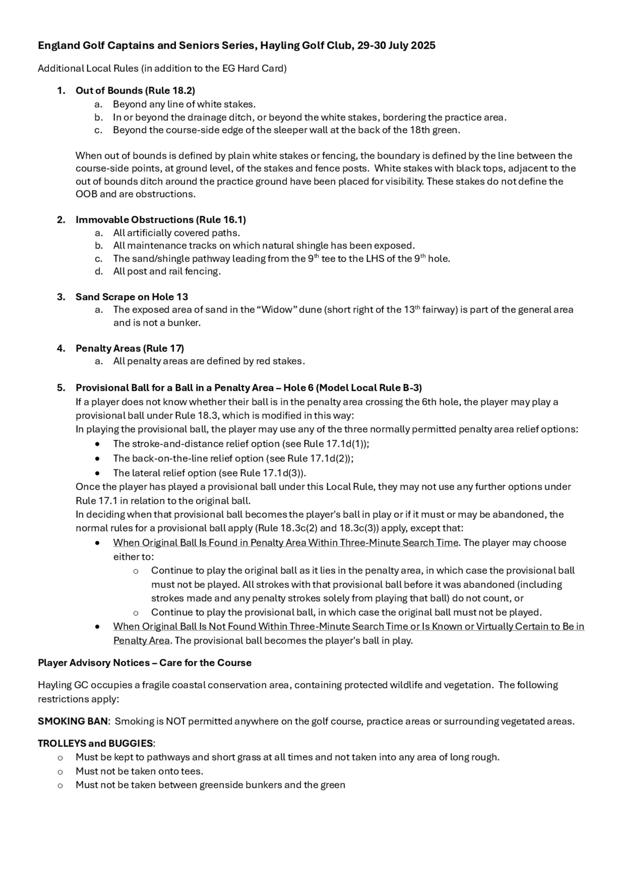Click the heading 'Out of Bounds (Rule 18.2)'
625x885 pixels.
click(135, 91)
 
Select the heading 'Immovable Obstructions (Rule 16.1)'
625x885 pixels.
click(161, 220)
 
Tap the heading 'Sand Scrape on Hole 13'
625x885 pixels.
click(132, 297)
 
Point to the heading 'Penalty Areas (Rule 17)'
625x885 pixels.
click(130, 348)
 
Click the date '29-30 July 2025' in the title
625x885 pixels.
click(396, 45)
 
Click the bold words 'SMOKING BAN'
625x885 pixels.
click(73, 721)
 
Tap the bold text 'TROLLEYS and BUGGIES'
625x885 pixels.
click(95, 743)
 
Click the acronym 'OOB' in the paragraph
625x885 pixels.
click(87, 194)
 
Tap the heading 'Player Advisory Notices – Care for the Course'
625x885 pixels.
click(144, 663)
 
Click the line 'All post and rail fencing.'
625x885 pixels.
click(167, 271)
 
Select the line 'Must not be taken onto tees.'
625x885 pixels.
click(139, 771)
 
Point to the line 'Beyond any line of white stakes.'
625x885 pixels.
click(184, 104)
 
